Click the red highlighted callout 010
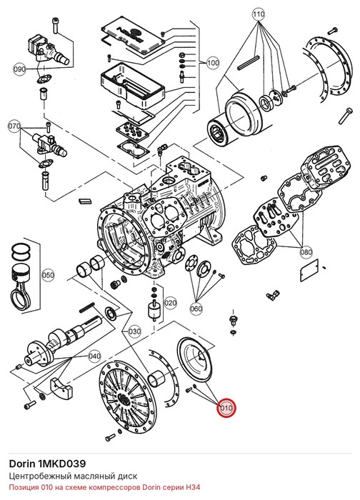[226, 408]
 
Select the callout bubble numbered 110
[259, 14]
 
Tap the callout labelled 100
[213, 63]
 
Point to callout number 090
[20, 69]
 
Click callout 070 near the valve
[14, 126]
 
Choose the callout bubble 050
[48, 275]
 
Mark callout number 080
[306, 252]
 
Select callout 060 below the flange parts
[196, 309]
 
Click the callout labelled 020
[170, 303]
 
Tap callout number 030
[134, 331]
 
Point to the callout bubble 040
[94, 356]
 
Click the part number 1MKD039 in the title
[61, 464]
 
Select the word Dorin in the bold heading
[22, 464]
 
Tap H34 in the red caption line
[194, 488]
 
